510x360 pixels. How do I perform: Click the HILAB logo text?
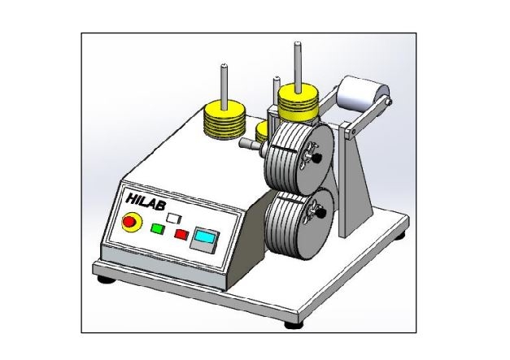tap(146, 202)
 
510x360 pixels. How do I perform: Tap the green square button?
tap(158, 228)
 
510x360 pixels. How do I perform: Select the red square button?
tap(182, 234)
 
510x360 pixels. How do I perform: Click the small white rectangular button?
tap(174, 217)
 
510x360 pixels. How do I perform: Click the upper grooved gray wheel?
tap(299, 155)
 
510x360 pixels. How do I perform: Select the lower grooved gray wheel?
tap(299, 223)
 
